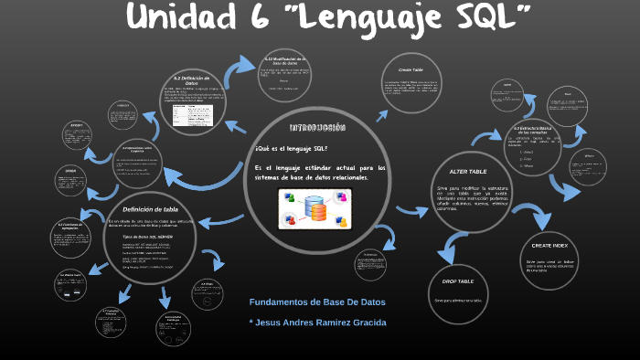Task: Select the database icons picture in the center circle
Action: pos(315,211)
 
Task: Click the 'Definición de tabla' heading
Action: pos(149,209)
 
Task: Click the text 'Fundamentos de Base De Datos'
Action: pos(317,302)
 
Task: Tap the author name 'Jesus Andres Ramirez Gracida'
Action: pos(323,323)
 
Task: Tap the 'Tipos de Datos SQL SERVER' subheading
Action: pos(150,237)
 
